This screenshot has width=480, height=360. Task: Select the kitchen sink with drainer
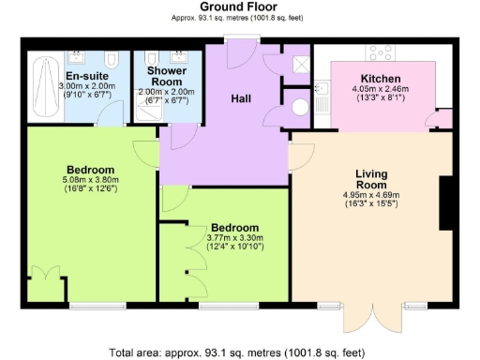point(321,95)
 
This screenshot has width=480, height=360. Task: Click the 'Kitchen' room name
point(381,78)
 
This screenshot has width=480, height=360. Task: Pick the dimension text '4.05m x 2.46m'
point(381,89)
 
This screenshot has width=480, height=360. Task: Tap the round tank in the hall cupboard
point(300,107)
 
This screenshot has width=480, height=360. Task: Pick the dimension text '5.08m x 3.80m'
point(88,179)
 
